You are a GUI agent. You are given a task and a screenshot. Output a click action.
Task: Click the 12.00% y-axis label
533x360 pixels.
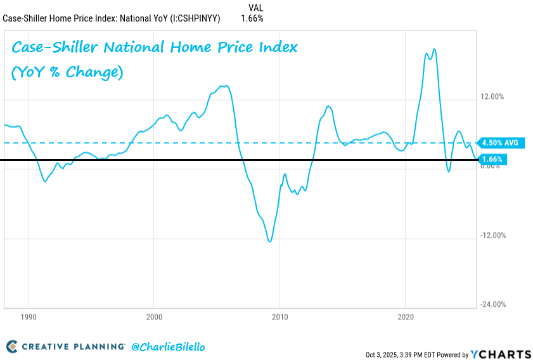click(492, 97)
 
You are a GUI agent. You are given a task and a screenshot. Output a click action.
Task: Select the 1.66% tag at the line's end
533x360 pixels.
click(492, 159)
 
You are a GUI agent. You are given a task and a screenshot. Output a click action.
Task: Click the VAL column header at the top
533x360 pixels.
click(255, 8)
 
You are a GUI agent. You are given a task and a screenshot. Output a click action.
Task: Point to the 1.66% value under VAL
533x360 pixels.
click(252, 18)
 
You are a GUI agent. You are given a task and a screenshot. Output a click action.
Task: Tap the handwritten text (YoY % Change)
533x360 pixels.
click(67, 72)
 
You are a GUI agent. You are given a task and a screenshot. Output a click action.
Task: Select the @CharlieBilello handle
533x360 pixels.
click(168, 347)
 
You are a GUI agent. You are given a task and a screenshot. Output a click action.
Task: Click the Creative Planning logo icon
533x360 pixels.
click(11, 347)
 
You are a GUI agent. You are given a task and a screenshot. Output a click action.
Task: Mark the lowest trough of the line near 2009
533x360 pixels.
click(270, 241)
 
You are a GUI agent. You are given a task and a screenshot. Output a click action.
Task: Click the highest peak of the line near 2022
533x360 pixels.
click(434, 49)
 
